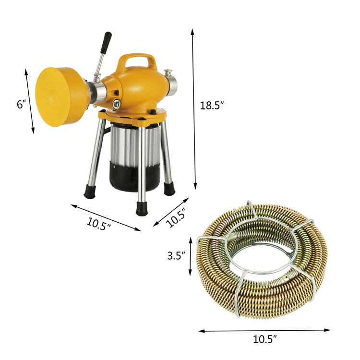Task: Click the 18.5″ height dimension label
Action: (212, 106)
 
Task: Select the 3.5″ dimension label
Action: (176, 255)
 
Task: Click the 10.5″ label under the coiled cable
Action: (264, 339)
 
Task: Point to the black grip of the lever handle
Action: (107, 42)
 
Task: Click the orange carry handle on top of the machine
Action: (137, 61)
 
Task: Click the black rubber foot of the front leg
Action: (142, 209)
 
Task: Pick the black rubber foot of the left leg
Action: (90, 192)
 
